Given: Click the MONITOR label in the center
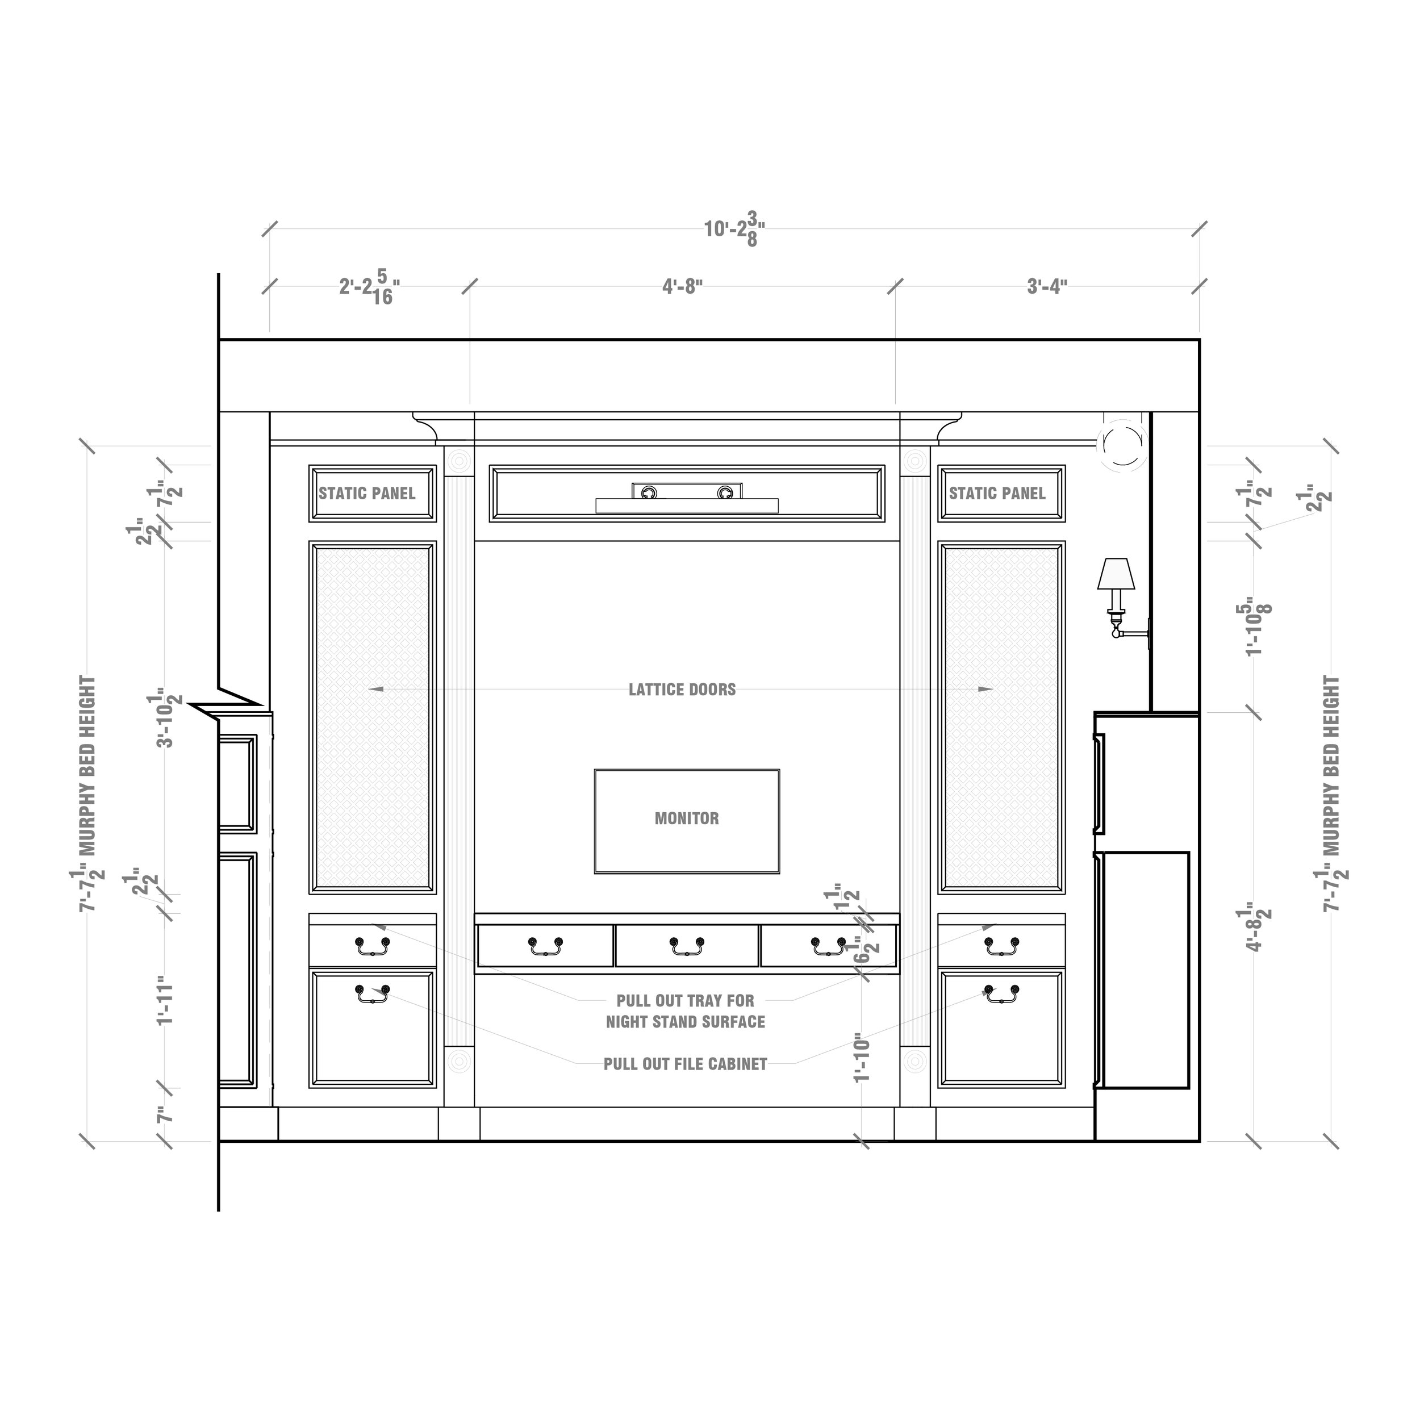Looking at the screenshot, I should coord(687,818).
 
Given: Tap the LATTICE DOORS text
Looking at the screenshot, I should coord(682,690).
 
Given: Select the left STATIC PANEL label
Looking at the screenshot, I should coord(367,493).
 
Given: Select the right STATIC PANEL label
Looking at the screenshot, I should coord(997,493).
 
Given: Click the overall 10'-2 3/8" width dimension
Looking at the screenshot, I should coord(734,230).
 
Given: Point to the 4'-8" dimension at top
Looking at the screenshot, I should coord(682,286).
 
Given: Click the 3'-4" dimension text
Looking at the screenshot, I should coord(1047,286).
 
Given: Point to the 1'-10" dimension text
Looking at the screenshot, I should coord(862,1058).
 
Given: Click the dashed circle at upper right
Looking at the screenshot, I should coord(1122,443).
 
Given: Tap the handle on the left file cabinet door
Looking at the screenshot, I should coord(373,993).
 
